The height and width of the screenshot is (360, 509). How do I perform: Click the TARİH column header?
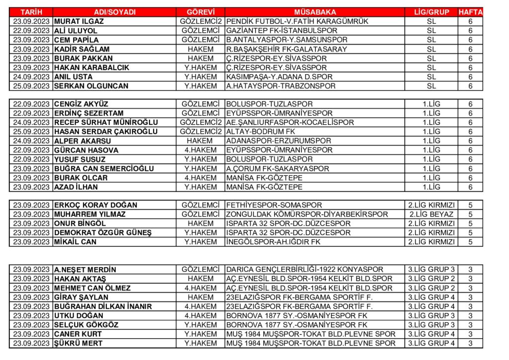pyautogui.click(x=31, y=12)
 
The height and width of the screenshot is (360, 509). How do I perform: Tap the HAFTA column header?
pyautogui.click(x=470, y=12)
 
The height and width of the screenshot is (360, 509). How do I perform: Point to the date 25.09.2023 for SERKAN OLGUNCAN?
pyautogui.click(x=31, y=86)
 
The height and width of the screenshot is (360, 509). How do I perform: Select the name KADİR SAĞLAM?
pyautogui.click(x=82, y=49)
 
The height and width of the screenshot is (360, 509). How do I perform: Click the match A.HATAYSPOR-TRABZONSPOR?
pyautogui.click(x=281, y=86)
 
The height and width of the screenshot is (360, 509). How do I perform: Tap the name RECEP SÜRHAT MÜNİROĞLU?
pyautogui.click(x=106, y=122)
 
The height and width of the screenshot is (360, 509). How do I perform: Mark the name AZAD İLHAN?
pyautogui.click(x=76, y=187)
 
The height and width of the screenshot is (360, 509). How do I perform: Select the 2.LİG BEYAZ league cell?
pyautogui.click(x=431, y=214)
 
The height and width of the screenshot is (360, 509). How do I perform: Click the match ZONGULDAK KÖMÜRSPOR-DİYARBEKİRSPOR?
pyautogui.click(x=307, y=214)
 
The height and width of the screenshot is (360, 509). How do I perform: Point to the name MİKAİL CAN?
pyautogui.click(x=75, y=242)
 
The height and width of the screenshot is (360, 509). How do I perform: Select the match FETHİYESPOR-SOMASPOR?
pyautogui.click(x=274, y=205)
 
